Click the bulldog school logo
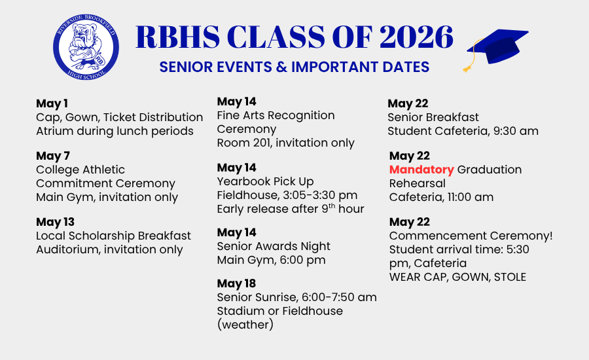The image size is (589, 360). [86, 47]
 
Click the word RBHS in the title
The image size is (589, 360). [177, 37]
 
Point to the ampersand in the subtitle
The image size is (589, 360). [281, 67]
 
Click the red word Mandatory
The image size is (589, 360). [421, 170]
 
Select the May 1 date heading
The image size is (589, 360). [52, 103]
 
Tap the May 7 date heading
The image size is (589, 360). [53, 156]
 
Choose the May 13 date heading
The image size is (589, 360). [55, 222]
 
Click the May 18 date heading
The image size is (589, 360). [236, 283]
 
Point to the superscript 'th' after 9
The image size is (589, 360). [332, 206]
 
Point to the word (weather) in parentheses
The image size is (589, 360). [245, 325]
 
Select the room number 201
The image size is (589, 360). [262, 143]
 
